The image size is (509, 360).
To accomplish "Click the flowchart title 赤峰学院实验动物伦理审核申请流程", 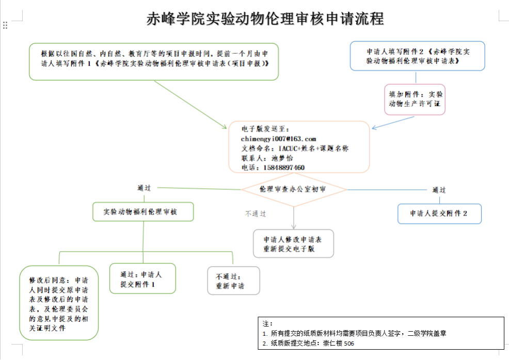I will tap(265, 19).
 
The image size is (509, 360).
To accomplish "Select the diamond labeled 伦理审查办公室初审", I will tap(293, 189).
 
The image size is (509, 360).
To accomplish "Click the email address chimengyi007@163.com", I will tap(278, 139).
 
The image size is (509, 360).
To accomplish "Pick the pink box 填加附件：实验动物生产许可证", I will tap(415, 100).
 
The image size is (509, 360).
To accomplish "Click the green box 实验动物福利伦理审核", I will tap(143, 211).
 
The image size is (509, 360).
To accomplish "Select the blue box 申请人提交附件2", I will tap(439, 214).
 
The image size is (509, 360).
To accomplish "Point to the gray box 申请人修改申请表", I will tap(293, 243).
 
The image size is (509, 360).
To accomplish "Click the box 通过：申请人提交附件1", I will tap(142, 279).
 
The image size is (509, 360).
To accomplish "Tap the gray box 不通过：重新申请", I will tap(233, 281).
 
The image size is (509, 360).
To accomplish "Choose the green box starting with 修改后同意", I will tap(58, 303).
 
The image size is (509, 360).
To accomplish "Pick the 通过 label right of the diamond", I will tap(439, 190).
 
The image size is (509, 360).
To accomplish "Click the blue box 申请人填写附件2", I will tap(417, 56).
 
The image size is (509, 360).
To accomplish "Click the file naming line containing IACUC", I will tap(294, 149).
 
